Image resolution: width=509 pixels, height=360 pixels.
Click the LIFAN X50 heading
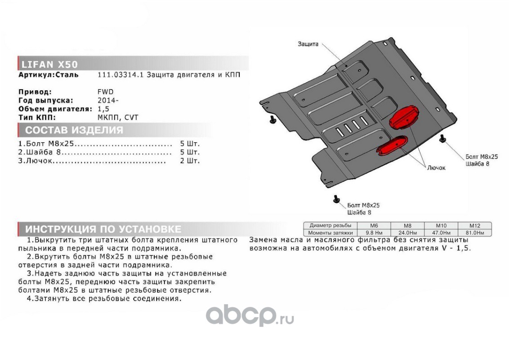[49, 64]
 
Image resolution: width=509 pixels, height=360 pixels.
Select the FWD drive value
[106, 92]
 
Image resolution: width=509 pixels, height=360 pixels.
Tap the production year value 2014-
[108, 100]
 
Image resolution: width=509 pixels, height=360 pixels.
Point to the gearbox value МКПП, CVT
[118, 117]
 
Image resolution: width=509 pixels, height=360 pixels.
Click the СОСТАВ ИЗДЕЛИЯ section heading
[74, 130]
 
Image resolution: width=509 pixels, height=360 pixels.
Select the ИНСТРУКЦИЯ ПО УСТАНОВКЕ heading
[103, 229]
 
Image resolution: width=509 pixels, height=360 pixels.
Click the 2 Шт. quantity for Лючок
[190, 161]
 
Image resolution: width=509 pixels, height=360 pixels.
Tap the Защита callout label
[308, 44]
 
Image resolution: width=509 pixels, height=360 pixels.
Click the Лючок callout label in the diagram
[436, 168]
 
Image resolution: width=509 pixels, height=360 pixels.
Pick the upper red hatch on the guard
[404, 117]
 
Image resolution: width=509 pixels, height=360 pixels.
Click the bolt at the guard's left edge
[272, 120]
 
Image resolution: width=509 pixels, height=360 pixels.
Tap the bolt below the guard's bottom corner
[336, 199]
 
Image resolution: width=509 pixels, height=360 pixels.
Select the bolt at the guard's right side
[442, 139]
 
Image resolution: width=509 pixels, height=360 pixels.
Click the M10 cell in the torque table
[441, 225]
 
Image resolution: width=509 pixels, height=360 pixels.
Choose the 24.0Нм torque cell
[407, 233]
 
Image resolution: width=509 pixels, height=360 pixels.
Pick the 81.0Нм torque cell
[474, 233]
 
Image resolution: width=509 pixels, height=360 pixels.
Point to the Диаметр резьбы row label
[330, 225]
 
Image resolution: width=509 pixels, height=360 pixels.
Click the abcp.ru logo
[250, 315]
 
